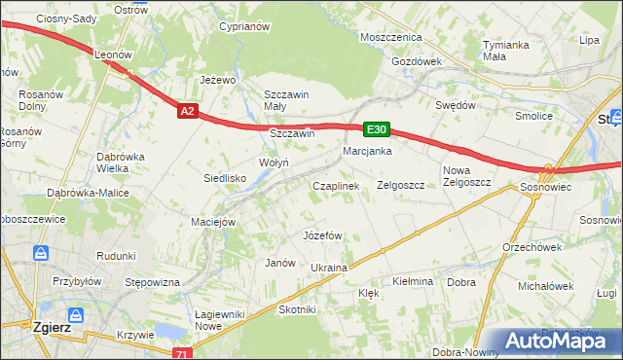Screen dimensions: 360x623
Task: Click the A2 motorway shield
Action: pos(189,112)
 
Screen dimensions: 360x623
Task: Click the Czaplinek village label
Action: pos(335,185)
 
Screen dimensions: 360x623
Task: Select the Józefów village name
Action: pos(322,235)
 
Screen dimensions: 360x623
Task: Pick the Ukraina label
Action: pos(328,267)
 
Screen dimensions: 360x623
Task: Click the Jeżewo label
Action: pos(219,80)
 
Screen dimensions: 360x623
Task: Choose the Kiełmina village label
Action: pos(412,281)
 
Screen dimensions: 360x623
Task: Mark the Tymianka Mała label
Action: pos(505,51)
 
